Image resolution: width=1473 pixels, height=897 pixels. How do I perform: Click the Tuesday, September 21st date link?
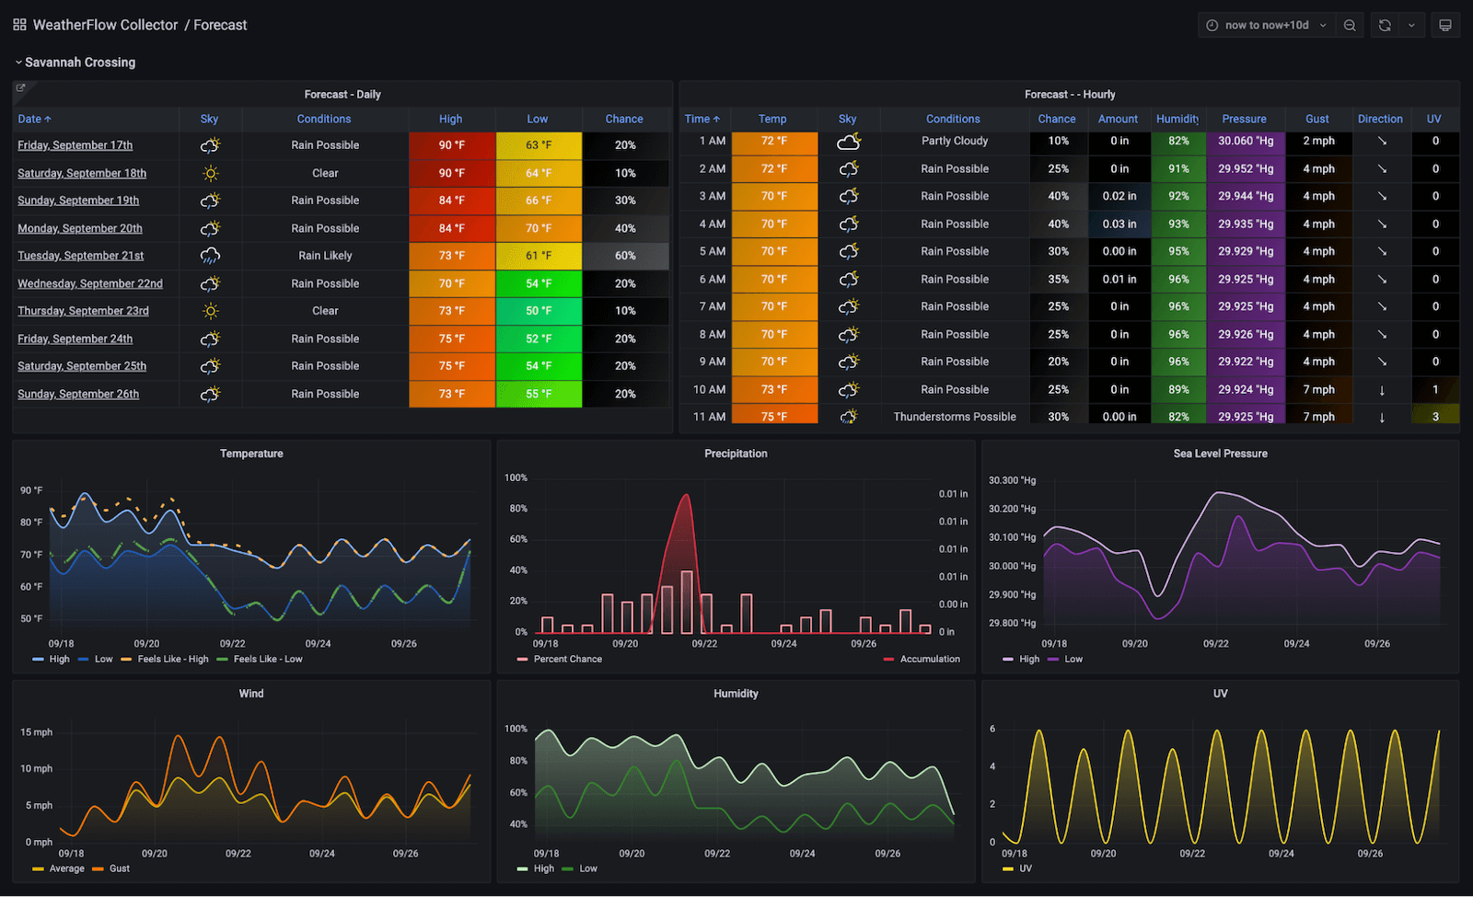click(x=81, y=256)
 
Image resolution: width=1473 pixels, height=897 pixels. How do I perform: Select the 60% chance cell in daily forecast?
click(x=625, y=256)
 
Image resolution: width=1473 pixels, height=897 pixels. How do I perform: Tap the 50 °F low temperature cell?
click(x=539, y=311)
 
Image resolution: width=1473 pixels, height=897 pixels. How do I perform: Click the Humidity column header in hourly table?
click(x=1177, y=119)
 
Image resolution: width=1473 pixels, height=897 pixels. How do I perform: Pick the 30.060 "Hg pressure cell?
click(x=1246, y=141)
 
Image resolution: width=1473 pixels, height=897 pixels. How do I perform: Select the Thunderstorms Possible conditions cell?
click(x=955, y=417)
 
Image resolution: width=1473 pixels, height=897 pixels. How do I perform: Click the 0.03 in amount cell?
click(x=1119, y=224)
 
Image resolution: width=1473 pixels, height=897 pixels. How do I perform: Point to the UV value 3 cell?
click(x=1435, y=417)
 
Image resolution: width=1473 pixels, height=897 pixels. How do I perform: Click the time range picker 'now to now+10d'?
click(x=1266, y=25)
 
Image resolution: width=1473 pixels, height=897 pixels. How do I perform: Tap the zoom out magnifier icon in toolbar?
click(x=1350, y=25)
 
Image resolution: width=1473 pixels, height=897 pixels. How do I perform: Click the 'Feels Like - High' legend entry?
click(x=172, y=659)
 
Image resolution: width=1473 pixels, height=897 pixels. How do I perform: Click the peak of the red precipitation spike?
click(x=685, y=496)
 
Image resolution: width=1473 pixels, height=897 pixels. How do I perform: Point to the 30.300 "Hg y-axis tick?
click(x=1012, y=480)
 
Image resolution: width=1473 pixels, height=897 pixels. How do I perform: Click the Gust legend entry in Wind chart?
click(x=119, y=868)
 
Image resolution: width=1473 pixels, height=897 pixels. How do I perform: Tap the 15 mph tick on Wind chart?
click(x=37, y=732)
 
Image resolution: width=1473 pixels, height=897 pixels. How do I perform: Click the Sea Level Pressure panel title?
click(x=1220, y=454)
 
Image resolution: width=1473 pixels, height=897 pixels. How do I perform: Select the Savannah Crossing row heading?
click(x=80, y=63)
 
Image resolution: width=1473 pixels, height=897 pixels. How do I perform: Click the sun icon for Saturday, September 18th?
click(x=210, y=173)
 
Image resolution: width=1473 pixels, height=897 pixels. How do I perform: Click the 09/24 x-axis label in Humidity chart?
click(x=802, y=854)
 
